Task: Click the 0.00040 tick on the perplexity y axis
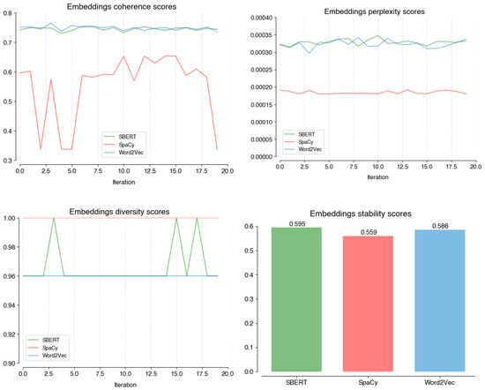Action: click(x=259, y=18)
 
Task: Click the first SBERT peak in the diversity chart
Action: click(x=54, y=218)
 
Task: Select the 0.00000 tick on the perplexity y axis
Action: click(x=259, y=157)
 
